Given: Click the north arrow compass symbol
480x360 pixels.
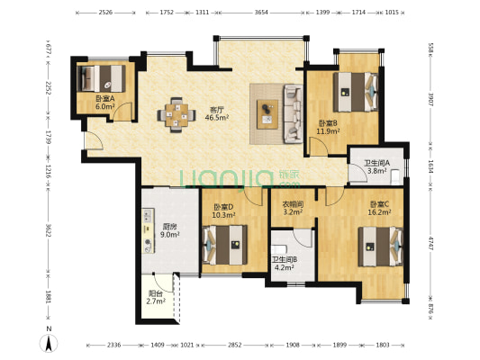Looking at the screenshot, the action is click(x=49, y=343).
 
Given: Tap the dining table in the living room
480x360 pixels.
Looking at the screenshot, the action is click(x=177, y=115).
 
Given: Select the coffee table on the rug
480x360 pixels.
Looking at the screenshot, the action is click(x=267, y=114).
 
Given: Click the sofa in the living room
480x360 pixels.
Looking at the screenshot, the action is click(x=293, y=113).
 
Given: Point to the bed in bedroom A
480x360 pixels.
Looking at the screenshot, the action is click(x=102, y=78).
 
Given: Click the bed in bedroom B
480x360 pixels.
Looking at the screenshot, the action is click(x=356, y=92).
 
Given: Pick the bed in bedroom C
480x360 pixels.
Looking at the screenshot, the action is click(x=381, y=247).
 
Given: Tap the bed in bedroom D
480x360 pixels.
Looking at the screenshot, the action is click(x=225, y=245).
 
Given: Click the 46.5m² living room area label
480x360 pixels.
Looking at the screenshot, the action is click(x=217, y=118).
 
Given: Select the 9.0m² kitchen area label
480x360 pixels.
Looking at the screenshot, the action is click(x=170, y=235).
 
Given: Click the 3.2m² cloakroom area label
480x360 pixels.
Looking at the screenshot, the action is click(x=293, y=211).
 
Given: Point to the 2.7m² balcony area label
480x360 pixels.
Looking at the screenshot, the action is click(x=156, y=301).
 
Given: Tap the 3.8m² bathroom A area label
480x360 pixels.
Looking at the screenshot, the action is click(x=377, y=171).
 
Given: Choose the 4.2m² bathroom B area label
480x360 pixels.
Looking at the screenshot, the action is click(x=285, y=267).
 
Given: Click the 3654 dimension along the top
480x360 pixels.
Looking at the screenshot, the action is click(x=261, y=13).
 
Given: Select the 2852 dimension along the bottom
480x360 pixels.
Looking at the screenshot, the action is click(x=234, y=345).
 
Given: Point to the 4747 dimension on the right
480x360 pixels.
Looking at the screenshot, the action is click(x=430, y=243).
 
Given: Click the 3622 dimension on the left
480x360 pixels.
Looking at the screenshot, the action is click(x=48, y=230).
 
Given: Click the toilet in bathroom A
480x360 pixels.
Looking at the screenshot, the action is click(x=396, y=175).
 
